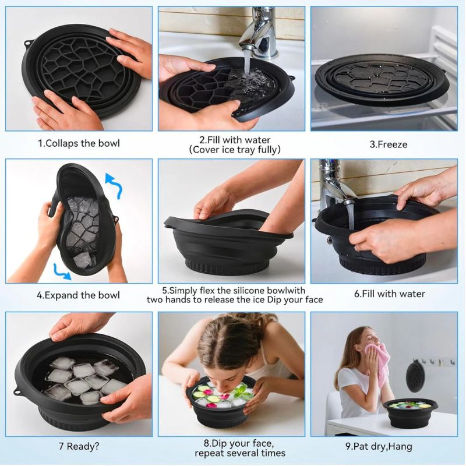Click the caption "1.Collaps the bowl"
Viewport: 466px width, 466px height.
click(79, 143)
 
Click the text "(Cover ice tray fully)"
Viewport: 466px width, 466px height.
click(235, 150)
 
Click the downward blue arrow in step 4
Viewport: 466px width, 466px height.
click(62, 269)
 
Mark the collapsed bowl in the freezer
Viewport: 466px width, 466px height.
click(382, 79)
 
